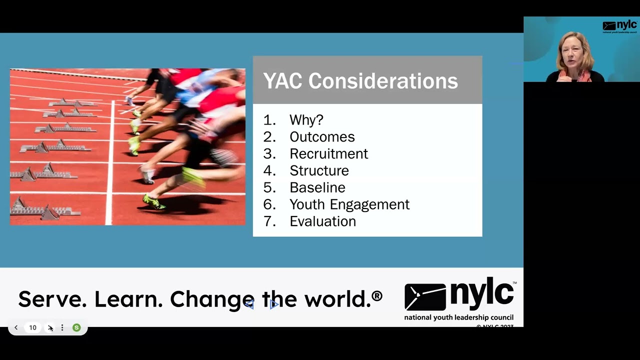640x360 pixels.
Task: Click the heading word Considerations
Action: (383, 81)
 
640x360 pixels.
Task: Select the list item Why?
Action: (306, 120)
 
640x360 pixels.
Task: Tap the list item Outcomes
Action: (322, 137)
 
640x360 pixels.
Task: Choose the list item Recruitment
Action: (328, 154)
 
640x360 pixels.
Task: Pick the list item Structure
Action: (319, 171)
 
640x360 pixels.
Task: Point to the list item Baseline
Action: (317, 188)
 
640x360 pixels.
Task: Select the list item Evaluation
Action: (322, 221)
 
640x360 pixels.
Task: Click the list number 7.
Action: (269, 221)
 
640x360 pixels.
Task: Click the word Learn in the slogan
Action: (128, 299)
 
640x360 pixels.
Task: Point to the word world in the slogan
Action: (337, 299)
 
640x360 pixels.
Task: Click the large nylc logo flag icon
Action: (424, 297)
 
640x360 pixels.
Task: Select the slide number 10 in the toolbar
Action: (33, 328)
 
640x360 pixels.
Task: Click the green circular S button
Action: (76, 328)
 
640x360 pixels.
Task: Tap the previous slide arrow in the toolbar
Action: (16, 328)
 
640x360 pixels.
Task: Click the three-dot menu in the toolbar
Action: (62, 328)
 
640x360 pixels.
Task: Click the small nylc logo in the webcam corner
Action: (619, 26)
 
